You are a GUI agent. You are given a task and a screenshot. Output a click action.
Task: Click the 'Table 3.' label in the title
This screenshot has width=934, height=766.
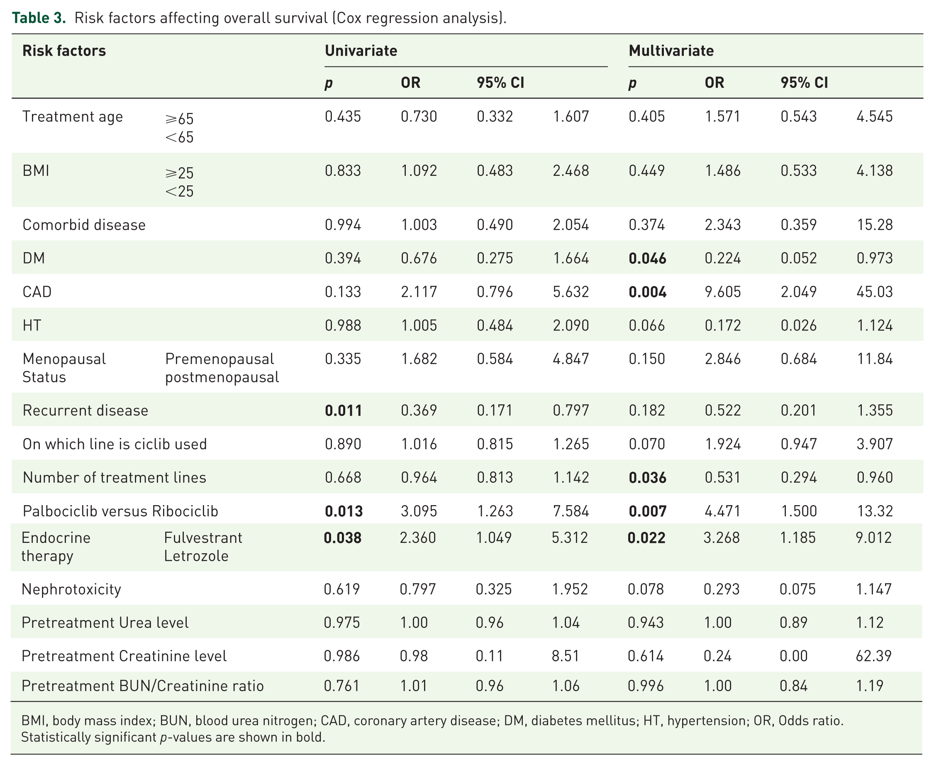click(x=39, y=18)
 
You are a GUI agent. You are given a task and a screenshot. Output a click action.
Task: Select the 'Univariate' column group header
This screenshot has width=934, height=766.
click(x=361, y=51)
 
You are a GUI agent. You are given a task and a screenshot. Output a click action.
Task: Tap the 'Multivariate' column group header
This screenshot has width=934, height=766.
click(x=671, y=51)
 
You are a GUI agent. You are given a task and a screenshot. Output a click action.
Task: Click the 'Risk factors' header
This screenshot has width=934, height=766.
click(x=64, y=51)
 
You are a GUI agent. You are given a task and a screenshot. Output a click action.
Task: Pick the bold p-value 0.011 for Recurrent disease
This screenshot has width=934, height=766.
click(x=343, y=410)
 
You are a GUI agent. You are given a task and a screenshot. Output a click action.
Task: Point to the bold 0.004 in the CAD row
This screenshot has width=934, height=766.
click(x=647, y=292)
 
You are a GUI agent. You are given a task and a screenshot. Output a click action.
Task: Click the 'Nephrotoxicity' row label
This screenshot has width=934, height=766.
click(x=71, y=589)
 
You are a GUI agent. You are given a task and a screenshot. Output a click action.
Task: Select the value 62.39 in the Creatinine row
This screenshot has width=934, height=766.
click(x=873, y=656)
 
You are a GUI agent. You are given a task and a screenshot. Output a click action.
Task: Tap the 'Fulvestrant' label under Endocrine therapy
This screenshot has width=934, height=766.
click(x=203, y=537)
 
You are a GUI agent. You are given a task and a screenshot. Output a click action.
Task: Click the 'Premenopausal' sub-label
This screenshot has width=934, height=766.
click(x=219, y=359)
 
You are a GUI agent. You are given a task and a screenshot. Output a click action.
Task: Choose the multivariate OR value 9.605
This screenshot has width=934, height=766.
click(x=722, y=292)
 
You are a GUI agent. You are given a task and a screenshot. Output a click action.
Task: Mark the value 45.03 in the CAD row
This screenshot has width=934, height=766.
click(x=874, y=292)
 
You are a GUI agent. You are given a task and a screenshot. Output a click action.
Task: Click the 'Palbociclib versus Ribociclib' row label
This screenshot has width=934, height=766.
click(x=120, y=511)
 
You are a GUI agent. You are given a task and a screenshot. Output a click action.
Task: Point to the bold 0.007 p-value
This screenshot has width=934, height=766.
click(x=647, y=511)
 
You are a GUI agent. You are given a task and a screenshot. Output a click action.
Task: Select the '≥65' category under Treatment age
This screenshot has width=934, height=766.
click(x=179, y=119)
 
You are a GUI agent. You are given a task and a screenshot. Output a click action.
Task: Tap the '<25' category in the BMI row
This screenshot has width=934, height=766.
click(x=179, y=191)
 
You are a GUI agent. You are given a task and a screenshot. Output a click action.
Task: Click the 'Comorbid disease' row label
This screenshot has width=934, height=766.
click(x=84, y=225)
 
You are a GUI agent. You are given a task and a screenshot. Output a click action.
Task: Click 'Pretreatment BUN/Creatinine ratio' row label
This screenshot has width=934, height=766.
click(x=143, y=686)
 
